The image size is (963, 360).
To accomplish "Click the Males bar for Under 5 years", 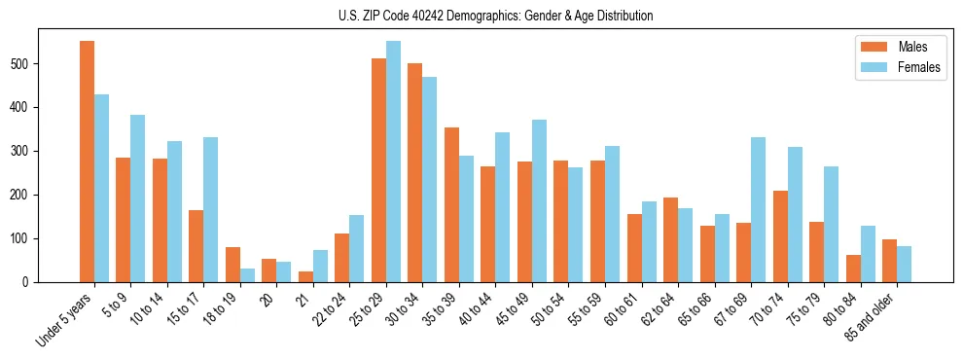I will (x=88, y=162).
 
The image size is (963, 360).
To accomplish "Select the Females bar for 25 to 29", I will (x=394, y=162).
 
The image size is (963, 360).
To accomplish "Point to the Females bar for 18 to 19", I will (x=248, y=275).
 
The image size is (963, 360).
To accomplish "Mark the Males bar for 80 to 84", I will (x=854, y=269).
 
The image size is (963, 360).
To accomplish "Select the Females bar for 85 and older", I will (x=905, y=264).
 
